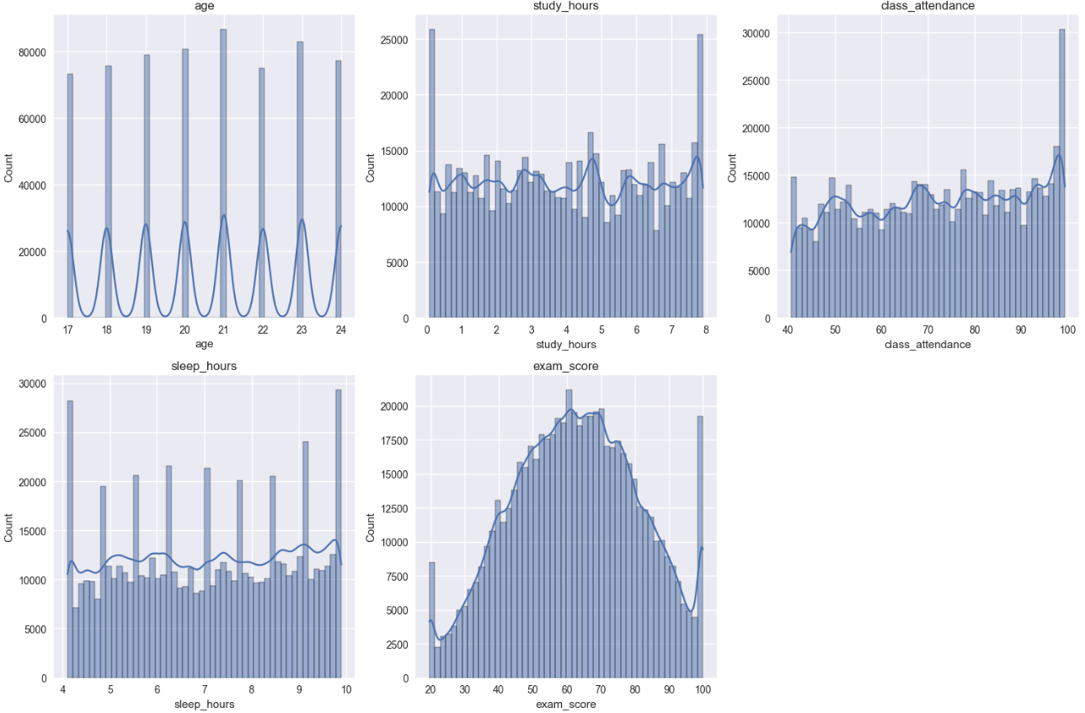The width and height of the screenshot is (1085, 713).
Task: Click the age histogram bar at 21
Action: [223, 177]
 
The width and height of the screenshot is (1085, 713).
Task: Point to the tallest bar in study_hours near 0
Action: [431, 177]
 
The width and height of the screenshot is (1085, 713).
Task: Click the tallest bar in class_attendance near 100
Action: [1062, 177]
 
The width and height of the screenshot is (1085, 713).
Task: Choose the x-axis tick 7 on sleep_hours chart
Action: [205, 689]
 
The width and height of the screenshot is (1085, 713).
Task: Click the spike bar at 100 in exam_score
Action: [700, 548]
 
